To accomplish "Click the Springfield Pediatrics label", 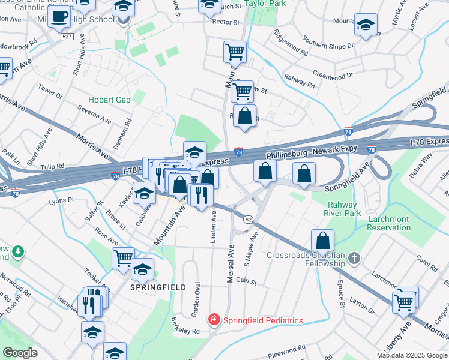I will pos(263,320).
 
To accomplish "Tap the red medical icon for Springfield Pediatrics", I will pos(214,320).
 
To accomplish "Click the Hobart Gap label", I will pos(109,100).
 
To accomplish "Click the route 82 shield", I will pos(247,220).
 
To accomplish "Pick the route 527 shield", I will pos(67,37).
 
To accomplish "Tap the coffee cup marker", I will pos(59,17).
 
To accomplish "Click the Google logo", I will pos(20,353).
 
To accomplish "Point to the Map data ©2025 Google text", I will pos(412,355).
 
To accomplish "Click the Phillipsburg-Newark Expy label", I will pos(312,150).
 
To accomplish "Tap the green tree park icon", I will pos(19,250).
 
